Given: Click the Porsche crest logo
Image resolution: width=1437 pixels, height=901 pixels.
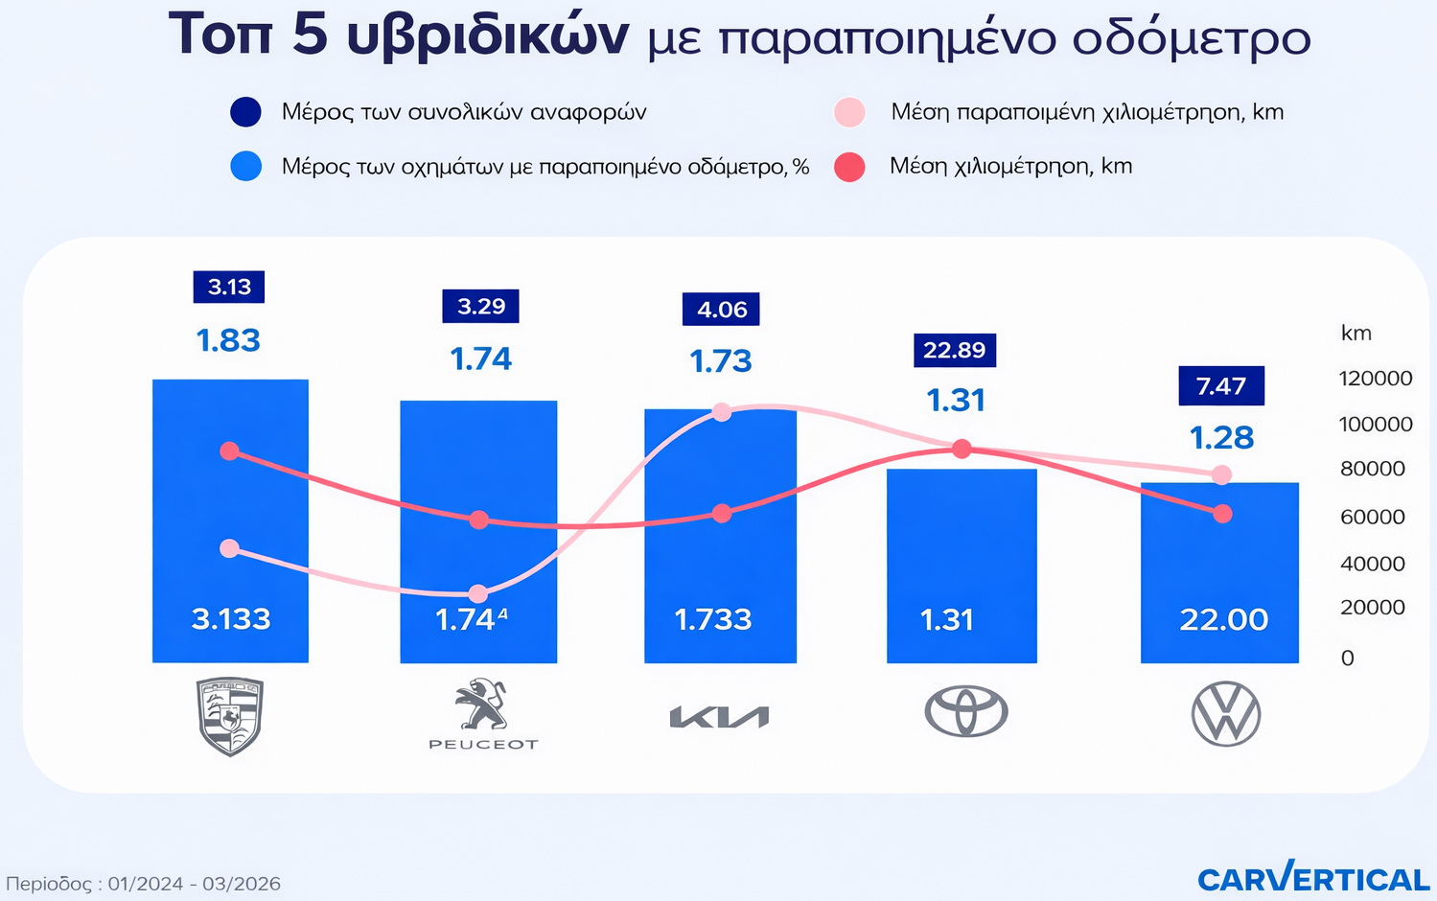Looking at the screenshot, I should (x=230, y=716).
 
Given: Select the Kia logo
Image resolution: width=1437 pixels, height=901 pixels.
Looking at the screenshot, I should (x=719, y=717).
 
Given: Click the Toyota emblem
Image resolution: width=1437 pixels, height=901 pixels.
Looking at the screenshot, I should (x=965, y=712).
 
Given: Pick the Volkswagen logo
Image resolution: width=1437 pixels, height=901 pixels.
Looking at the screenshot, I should (x=1225, y=714).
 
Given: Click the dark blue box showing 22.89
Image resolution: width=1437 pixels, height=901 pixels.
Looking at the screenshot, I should (x=955, y=350).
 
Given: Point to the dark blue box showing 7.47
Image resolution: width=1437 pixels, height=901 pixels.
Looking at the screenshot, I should (x=1220, y=386).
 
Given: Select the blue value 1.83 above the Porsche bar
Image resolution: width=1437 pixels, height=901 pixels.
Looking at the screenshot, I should (x=228, y=340).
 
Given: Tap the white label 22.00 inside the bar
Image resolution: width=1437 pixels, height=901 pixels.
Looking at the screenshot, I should (x=1223, y=619).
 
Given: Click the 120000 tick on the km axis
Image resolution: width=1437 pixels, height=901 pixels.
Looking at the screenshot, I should (x=1375, y=378).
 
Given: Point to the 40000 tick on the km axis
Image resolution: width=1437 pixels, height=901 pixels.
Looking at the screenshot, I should (x=1372, y=564).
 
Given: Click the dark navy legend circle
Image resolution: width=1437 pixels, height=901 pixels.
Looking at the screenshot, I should (x=246, y=112).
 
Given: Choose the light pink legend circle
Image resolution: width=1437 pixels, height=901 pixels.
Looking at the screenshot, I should (x=849, y=112).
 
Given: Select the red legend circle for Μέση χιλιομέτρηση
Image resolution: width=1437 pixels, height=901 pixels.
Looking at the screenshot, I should (x=849, y=167).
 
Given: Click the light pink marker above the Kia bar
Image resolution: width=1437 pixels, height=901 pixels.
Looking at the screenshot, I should (x=722, y=412).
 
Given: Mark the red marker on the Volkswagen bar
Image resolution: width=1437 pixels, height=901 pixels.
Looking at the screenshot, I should (x=1222, y=515).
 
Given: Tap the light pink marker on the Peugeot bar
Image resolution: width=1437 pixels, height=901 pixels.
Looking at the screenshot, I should (x=478, y=594).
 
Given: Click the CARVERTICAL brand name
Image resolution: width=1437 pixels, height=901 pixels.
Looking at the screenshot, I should (x=1312, y=878).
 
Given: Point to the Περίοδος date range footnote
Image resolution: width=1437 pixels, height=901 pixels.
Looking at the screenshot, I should (x=144, y=884).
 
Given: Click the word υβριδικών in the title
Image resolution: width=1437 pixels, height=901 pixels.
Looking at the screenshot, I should (x=486, y=36).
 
